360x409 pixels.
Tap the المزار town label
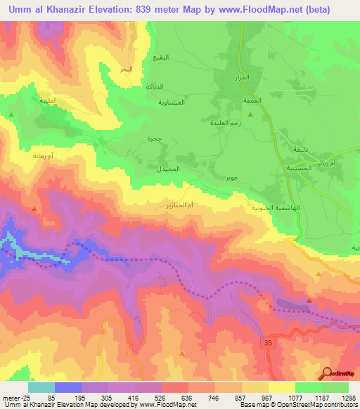click(x=241, y=77)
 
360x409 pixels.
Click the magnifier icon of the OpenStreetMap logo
click(x=328, y=375)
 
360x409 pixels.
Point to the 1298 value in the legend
click(x=349, y=398)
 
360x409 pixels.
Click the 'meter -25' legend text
click(x=15, y=398)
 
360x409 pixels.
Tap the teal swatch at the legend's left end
click(x=41, y=387)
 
